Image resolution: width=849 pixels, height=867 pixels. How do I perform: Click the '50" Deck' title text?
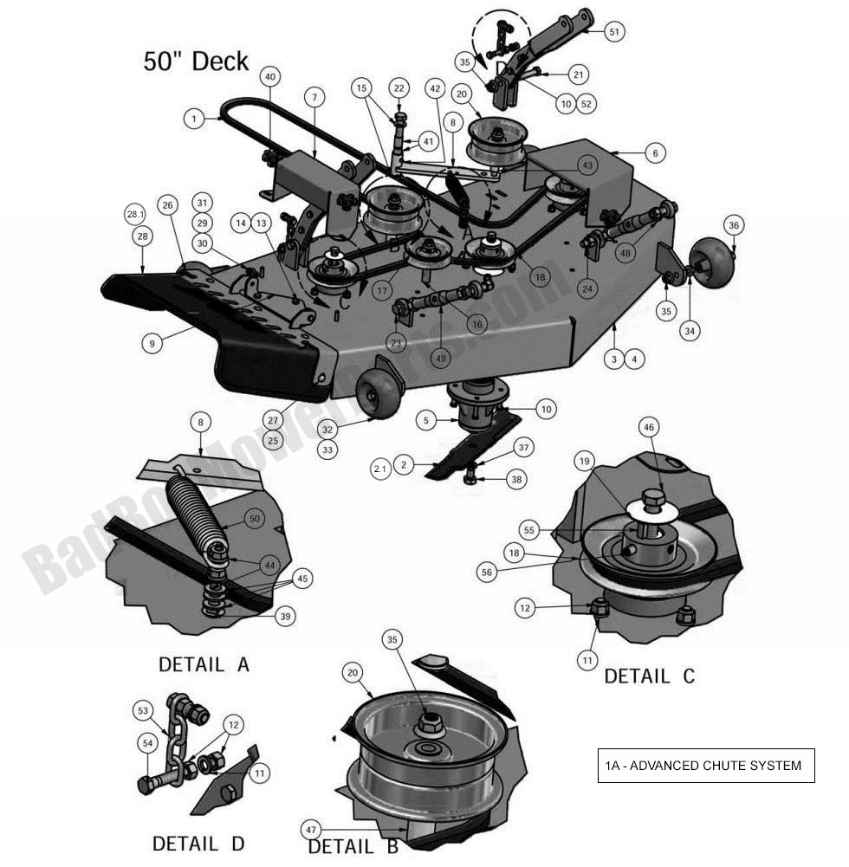click(196, 61)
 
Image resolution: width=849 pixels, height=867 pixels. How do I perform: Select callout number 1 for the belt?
click(195, 118)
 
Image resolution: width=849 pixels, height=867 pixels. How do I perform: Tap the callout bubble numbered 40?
click(270, 77)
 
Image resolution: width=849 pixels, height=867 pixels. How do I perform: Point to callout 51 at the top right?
click(613, 32)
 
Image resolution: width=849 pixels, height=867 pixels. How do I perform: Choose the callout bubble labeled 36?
click(733, 225)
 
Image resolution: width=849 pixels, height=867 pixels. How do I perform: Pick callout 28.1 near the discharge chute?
click(135, 214)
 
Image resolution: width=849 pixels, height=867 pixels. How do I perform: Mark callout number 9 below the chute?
click(152, 343)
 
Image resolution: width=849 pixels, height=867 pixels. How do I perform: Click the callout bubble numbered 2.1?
click(380, 469)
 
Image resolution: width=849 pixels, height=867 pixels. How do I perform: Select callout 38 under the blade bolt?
click(516, 479)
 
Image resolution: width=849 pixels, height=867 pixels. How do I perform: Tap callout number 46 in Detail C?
click(648, 426)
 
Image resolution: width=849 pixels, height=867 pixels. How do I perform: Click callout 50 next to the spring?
click(254, 519)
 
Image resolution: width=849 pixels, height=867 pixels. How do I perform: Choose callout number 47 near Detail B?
click(312, 830)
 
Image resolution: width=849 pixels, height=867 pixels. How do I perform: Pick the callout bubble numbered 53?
click(144, 711)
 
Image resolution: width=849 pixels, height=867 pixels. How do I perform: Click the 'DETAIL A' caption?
click(204, 665)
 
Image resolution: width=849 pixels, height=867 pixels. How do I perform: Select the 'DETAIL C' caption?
click(649, 676)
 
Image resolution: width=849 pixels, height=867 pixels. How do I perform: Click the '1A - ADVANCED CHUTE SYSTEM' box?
click(705, 766)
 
